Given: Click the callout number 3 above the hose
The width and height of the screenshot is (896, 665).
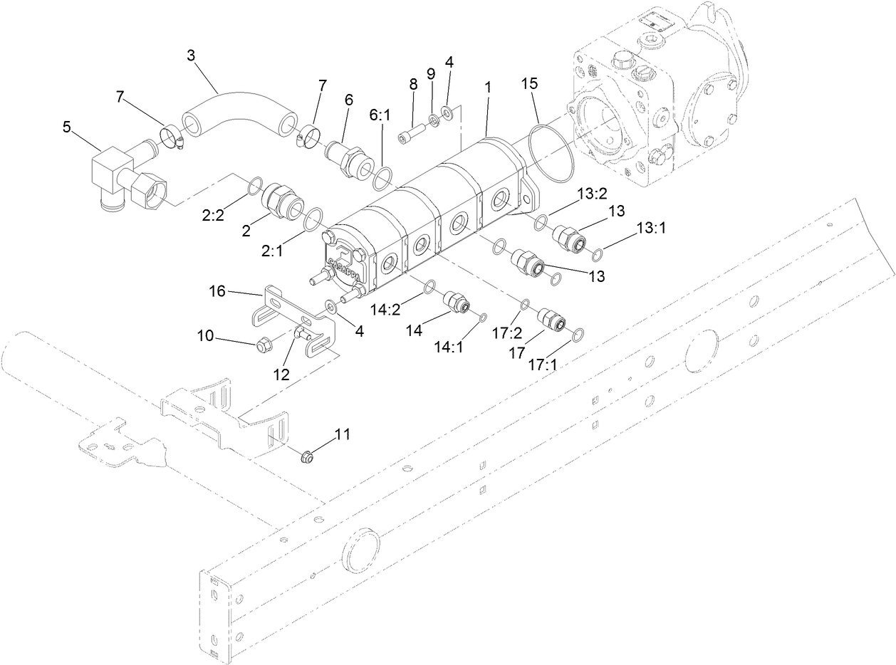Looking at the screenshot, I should (x=190, y=56).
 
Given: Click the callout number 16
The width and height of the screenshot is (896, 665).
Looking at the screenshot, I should (x=218, y=290).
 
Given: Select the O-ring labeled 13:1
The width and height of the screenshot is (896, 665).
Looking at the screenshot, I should (x=598, y=253).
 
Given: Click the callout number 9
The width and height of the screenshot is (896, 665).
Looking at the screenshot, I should (x=429, y=74).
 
